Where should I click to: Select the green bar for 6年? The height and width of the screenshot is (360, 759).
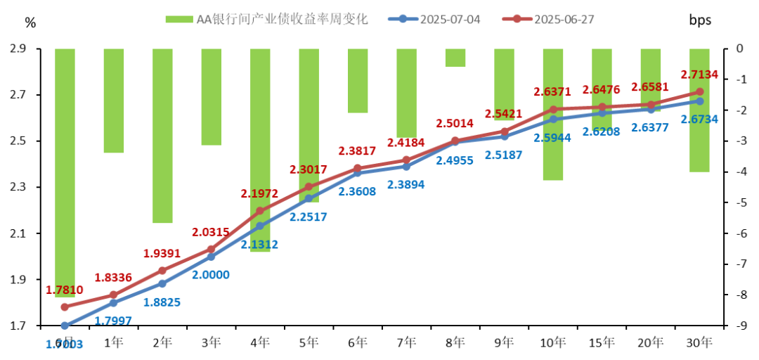pos(358,80)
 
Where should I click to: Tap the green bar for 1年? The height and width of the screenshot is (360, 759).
pos(114,100)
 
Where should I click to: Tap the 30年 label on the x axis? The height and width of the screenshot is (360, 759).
pos(699,343)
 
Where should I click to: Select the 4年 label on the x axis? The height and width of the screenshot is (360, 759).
pos(260,343)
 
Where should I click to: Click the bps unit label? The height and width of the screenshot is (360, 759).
pos(700,20)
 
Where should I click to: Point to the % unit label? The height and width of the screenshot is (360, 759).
pos(30,22)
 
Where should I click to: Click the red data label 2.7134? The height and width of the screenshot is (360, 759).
pos(699,74)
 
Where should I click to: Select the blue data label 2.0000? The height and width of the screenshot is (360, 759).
pos(211,274)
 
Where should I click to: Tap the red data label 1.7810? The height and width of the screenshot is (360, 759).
pos(65,290)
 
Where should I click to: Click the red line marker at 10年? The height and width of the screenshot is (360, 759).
pos(553,110)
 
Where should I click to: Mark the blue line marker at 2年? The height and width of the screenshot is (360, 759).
pos(162,283)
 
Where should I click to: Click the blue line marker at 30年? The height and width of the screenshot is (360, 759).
pos(699,101)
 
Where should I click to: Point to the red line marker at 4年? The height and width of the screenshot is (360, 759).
pos(260,211)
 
